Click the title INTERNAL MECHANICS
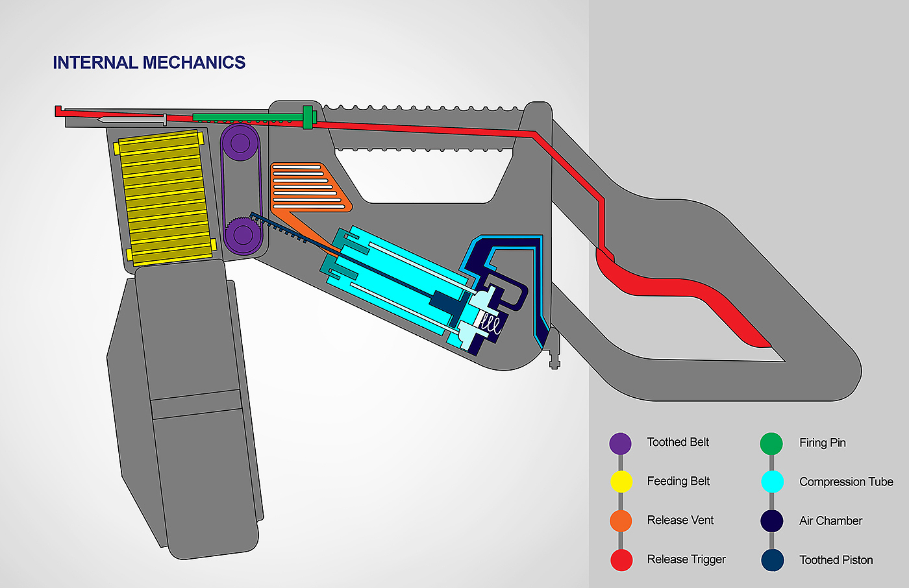149,62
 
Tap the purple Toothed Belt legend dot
620,443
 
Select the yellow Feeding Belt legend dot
621,482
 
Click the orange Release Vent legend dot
621,521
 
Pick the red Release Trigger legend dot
621,559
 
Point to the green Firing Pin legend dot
771,443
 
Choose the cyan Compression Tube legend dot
771,482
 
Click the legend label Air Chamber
830,521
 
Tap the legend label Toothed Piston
836,559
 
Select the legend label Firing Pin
822,443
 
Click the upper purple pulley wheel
240,142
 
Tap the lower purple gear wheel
241,234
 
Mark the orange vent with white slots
308,188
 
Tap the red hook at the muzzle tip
58,111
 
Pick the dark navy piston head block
446,302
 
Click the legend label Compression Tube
846,482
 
